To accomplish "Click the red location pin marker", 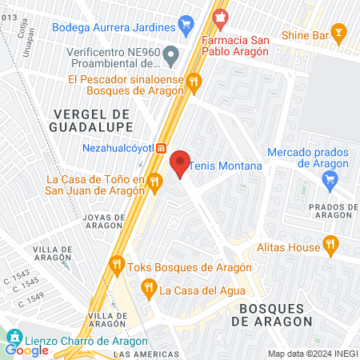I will (x=180, y=162).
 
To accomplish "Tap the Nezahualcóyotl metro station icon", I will (x=161, y=148).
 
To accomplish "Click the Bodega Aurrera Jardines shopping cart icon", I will (x=186, y=25).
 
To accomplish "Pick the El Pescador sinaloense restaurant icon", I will (x=194, y=81).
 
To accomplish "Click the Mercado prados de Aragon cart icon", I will (x=329, y=182).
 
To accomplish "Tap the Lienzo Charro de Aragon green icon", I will (x=14, y=336).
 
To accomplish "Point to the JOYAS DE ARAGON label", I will (x=104, y=221).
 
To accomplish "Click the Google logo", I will (x=26, y=350).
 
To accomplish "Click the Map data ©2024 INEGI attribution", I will (x=311, y=354).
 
